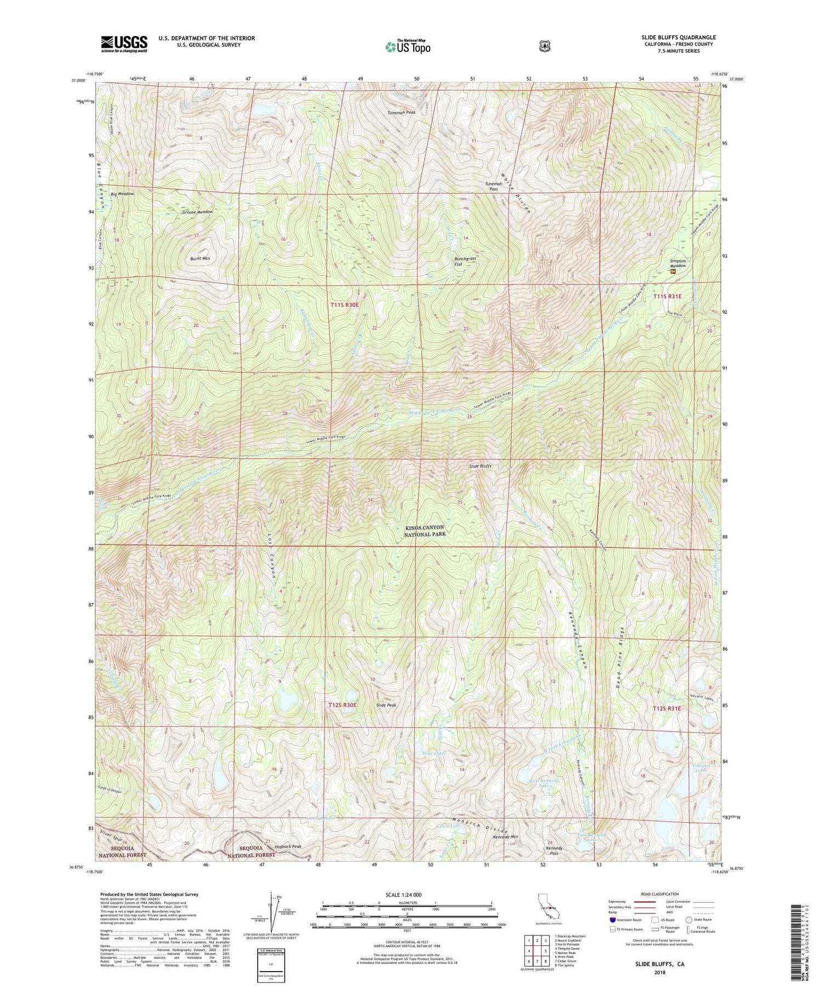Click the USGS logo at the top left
click(x=124, y=43)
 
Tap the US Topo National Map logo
click(x=407, y=46)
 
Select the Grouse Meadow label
click(x=197, y=211)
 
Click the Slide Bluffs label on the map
click(x=480, y=466)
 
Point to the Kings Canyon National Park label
click(x=425, y=530)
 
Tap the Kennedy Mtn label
click(x=505, y=837)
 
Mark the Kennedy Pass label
click(x=554, y=851)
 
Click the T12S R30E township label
click(x=342, y=705)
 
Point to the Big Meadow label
click(x=122, y=194)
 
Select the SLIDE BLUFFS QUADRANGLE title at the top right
click(x=678, y=37)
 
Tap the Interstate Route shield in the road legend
click(x=613, y=920)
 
